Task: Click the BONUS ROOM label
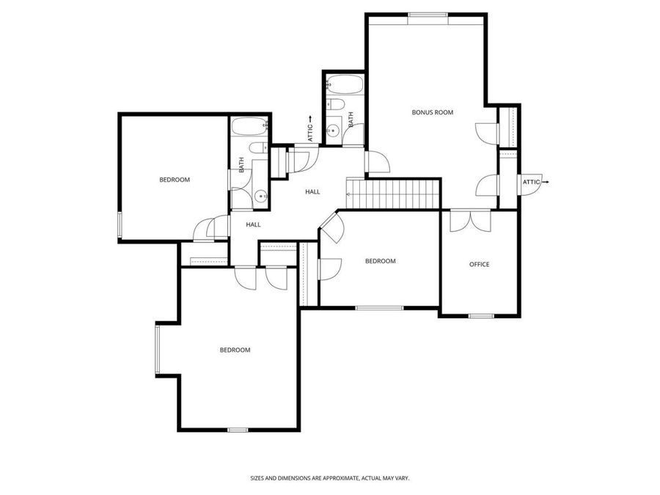(432, 112)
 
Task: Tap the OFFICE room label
(479, 264)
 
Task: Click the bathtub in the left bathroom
(249, 128)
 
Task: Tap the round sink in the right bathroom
(333, 132)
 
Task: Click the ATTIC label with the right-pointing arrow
(534, 181)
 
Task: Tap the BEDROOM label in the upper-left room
(175, 180)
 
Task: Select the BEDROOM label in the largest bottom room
(235, 350)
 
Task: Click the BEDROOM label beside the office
(380, 261)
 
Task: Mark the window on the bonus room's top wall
(428, 15)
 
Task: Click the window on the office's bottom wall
(481, 316)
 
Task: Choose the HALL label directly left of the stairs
(312, 191)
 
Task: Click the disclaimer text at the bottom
(329, 478)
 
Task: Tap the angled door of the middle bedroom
(330, 226)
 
